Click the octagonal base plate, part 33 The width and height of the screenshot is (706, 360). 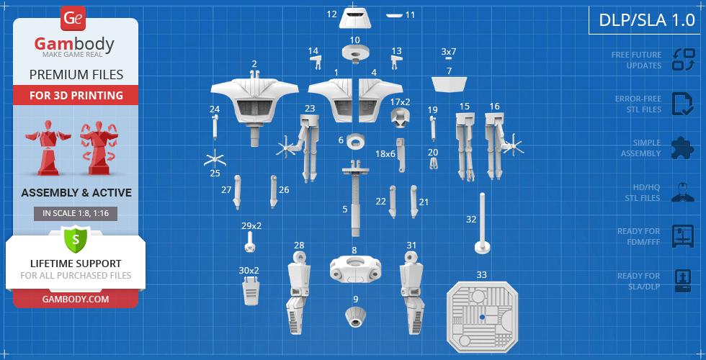(482, 318)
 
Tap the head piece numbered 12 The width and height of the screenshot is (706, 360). (354, 18)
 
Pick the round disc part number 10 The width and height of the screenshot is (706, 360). (354, 53)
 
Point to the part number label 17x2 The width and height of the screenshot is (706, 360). (401, 102)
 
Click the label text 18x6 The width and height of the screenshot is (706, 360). (385, 154)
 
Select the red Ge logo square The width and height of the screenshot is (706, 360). (72, 18)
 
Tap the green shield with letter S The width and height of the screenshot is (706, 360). (76, 240)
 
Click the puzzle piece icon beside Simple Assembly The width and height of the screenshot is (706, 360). (683, 148)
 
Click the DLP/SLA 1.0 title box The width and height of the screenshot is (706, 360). (647, 20)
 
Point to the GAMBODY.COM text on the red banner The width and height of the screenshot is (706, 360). (76, 299)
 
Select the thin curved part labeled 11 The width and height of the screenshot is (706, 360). (395, 15)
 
